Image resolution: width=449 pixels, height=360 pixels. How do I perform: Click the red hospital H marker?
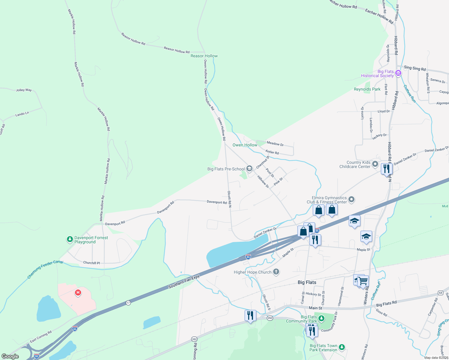tap(78, 292)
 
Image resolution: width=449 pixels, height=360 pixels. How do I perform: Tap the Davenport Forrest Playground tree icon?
tap(70, 239)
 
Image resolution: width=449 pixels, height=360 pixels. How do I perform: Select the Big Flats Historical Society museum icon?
tap(398, 73)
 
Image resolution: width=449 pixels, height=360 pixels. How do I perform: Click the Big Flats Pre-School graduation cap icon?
tap(249, 169)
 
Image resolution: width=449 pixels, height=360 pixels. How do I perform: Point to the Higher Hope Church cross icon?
tap(276, 272)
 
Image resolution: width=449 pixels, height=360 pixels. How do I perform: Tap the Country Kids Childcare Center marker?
tap(375, 164)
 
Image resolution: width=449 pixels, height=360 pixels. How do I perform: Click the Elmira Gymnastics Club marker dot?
tap(351, 199)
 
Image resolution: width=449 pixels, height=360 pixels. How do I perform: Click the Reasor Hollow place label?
tap(204, 56)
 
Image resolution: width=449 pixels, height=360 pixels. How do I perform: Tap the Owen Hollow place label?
tap(245, 145)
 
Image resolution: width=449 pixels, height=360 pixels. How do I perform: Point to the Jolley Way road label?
tap(24, 90)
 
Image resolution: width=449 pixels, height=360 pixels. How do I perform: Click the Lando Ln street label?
tap(22, 114)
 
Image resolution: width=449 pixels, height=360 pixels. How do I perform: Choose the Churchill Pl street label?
tap(92, 263)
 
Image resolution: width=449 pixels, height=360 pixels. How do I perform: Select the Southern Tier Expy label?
tap(184, 282)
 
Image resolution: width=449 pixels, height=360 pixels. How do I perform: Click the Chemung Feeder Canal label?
tap(45, 269)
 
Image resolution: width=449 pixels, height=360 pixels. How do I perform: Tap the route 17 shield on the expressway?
tap(128, 303)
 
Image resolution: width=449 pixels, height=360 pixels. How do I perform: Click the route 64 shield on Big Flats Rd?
tap(440, 293)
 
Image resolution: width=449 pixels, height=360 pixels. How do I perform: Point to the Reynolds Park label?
tap(367, 89)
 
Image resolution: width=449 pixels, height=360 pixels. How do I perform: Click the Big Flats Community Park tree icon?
tap(321, 318)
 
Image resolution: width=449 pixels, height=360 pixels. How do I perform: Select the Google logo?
tap(10, 356)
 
